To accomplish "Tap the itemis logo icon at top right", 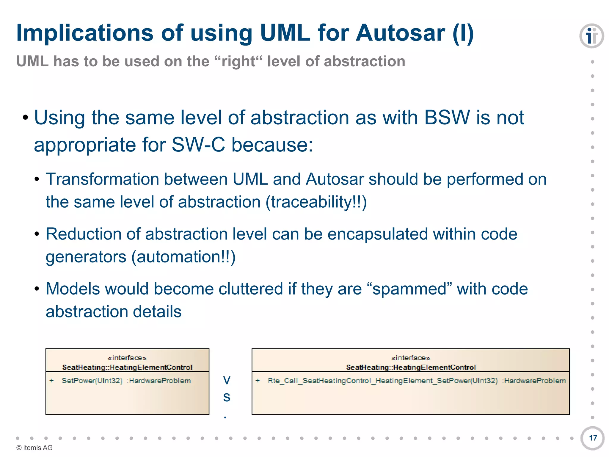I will pos(591,36).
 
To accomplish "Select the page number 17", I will pos(593,438).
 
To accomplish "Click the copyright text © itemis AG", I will pos(34,448).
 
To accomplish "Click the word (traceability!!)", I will pos(316,202).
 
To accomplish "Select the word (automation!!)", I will pos(183,257).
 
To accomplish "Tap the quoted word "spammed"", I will pos(410,289).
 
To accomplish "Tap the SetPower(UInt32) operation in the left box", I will pos(92,381).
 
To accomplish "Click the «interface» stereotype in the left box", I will pos(127,358).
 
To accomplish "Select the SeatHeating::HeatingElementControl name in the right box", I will pos(411,367).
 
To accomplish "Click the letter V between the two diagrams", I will pos(227,380).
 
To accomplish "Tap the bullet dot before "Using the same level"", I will pos(26,118).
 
